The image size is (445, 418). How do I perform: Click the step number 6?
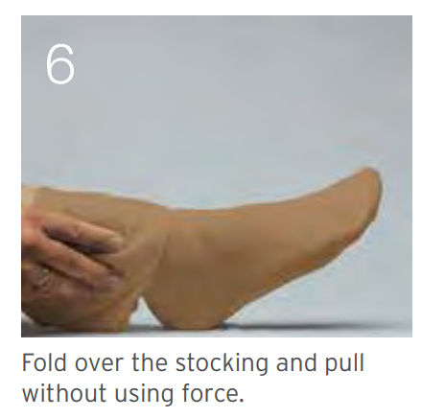click(60, 64)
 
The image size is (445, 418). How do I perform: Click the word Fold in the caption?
click(44, 362)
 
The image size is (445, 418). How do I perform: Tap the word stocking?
click(222, 363)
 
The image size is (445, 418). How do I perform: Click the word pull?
click(344, 363)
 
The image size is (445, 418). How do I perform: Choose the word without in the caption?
click(64, 393)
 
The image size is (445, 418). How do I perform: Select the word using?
click(144, 394)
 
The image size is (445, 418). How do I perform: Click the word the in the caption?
click(150, 362)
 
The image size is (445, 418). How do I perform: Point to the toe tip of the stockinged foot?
click(377, 175)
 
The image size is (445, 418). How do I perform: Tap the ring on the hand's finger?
click(44, 274)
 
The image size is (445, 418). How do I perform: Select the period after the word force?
click(241, 400)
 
